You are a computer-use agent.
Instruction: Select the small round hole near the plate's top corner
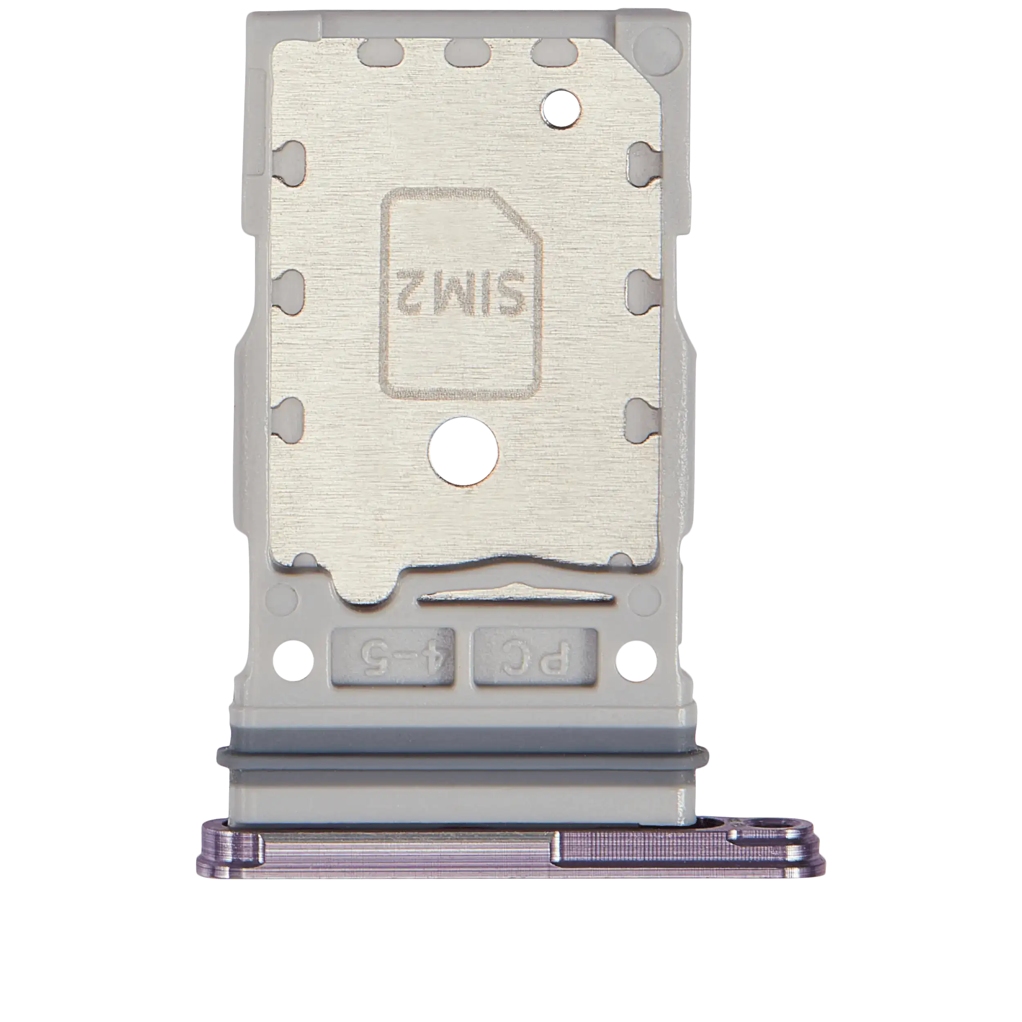tap(562, 109)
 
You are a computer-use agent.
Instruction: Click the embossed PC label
tap(536, 659)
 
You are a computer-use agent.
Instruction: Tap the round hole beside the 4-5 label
tap(294, 660)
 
